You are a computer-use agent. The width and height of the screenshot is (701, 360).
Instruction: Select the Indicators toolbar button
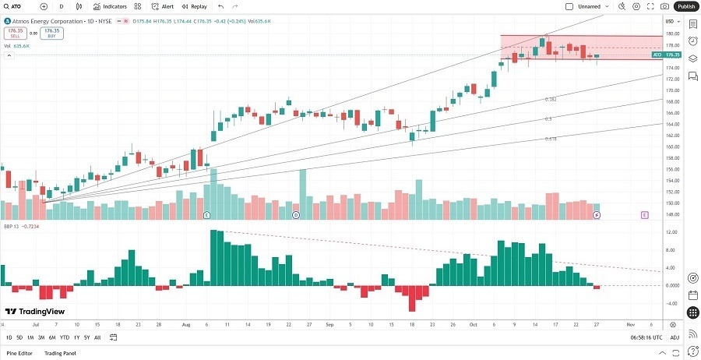[110, 6]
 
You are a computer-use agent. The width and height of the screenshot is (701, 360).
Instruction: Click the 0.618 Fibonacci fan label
[551, 139]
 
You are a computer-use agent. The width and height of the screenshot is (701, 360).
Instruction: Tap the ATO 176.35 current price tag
[666, 55]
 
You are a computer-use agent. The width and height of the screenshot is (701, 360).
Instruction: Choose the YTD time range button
[65, 337]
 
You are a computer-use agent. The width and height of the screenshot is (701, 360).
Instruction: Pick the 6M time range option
[51, 337]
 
